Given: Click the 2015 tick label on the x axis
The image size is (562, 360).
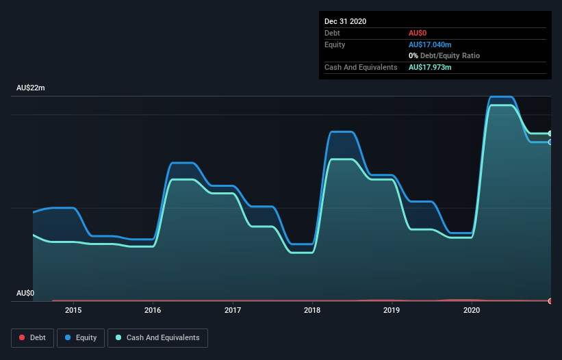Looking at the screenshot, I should point(73,310).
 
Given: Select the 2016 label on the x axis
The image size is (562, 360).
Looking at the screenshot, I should point(153,310).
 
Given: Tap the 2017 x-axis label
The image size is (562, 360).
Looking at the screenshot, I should point(233,310).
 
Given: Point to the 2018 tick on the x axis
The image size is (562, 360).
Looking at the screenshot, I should point(312,310).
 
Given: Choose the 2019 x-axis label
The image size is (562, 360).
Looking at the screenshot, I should point(392,310).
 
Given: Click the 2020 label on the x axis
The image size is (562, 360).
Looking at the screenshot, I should point(472,310).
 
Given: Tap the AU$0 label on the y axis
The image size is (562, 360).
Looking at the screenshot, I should point(25,293).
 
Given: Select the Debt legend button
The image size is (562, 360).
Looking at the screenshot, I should point(31,337).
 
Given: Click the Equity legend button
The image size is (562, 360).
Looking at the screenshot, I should point(81,337).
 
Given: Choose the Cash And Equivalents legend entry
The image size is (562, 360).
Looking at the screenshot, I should point(157,337).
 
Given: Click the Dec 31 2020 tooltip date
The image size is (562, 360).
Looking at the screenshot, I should point(345,21).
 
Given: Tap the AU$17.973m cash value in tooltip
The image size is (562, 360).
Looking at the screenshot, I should point(431,67).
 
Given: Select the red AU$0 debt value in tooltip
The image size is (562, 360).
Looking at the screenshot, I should point(418,33).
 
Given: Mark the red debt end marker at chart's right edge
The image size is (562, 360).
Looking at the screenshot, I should point(550,301).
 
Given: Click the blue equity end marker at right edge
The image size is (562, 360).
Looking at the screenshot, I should point(550,142).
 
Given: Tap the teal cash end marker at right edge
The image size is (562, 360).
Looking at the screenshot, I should point(550,133).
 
